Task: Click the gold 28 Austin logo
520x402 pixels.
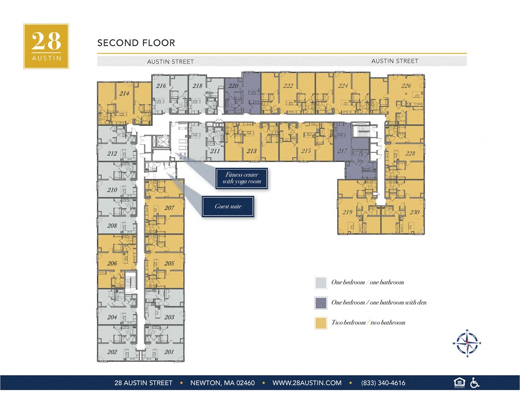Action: pos(46,46)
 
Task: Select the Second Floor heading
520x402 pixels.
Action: pos(136,43)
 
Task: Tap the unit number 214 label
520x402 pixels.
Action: pos(123,94)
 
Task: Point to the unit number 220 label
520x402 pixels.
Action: pos(233,86)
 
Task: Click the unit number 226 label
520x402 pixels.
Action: pos(406,86)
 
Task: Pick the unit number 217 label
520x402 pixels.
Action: pos(342,151)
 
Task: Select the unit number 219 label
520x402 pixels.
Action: pos(348,212)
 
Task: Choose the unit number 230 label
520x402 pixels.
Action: pos(414,212)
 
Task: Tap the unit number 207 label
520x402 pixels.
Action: pos(170,208)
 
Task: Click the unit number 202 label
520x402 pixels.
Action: pos(112,351)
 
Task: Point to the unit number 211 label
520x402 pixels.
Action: pos(214,151)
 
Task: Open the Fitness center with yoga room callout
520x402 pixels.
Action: pos(241,178)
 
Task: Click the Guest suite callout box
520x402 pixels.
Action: pos(228,207)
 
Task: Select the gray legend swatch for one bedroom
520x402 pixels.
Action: pos(320,283)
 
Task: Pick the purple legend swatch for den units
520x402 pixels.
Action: pos(320,303)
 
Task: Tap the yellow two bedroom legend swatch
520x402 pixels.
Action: pos(320,323)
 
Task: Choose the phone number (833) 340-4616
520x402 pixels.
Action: pos(383,383)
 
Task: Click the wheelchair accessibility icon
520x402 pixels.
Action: pos(475,383)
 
